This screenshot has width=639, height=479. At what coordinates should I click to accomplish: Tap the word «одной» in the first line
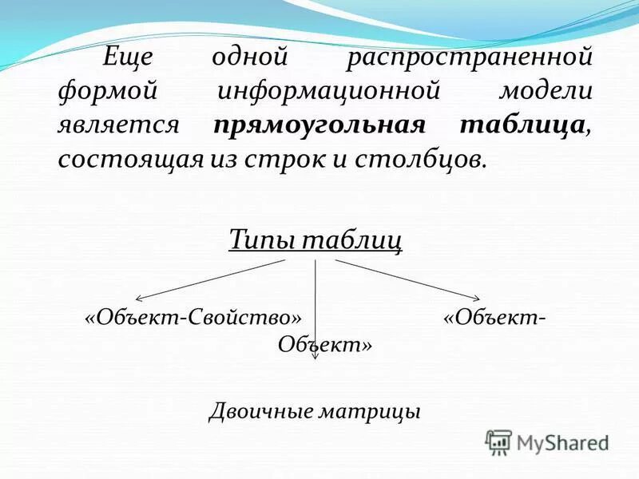point(249,58)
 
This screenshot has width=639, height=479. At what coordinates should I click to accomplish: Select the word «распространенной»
point(470,58)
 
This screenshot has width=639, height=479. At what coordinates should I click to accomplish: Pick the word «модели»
point(546,92)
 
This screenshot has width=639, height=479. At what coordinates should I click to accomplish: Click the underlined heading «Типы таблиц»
point(316,238)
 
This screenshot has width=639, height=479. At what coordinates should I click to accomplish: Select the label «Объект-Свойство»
point(196,317)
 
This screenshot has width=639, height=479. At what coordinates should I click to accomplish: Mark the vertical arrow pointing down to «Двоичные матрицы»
point(316,311)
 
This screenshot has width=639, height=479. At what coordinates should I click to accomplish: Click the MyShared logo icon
point(498,441)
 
